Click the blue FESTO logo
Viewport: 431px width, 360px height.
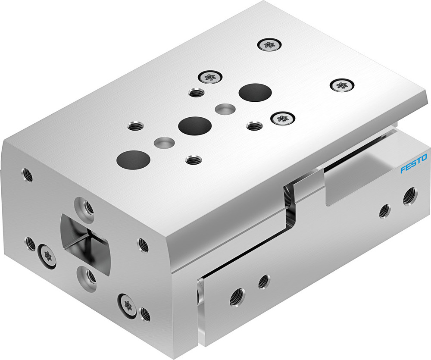pos(413,163)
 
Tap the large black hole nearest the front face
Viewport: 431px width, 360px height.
pos(133,159)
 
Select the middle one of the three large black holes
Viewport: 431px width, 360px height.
pos(194,125)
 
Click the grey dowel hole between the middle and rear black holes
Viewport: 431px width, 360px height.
pos(225,109)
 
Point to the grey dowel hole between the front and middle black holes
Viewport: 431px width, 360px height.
pos(164,142)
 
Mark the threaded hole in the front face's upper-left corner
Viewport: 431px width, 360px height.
pos(28,175)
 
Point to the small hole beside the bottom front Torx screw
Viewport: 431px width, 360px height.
pos(146,314)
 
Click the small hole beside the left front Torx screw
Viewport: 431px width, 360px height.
pos(30,243)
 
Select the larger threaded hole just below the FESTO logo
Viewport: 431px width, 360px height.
pos(409,196)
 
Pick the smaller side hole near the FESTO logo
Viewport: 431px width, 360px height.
pos(385,210)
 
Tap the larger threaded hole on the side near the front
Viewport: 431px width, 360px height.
pos(237,297)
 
